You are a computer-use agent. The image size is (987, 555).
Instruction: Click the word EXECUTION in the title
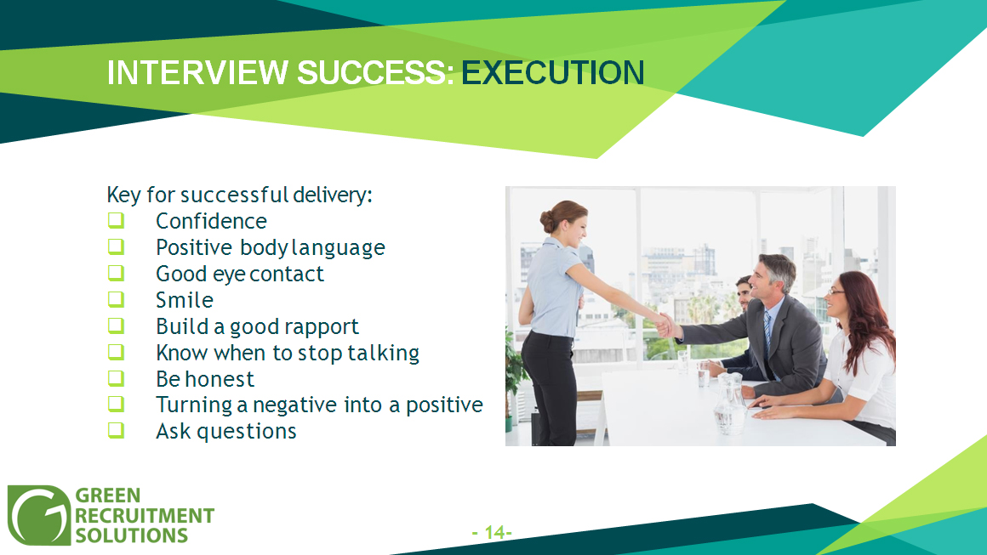(x=553, y=73)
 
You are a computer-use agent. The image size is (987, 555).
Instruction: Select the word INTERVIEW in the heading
(x=197, y=73)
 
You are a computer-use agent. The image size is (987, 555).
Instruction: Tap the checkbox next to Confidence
(x=116, y=221)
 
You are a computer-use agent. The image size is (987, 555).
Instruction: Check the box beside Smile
(x=116, y=299)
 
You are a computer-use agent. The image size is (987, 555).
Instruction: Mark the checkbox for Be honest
(x=116, y=378)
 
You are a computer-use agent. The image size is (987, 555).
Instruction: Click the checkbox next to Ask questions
(x=116, y=431)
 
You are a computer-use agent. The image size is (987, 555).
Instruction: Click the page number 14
(x=493, y=533)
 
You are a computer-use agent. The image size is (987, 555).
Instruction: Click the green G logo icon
(x=39, y=515)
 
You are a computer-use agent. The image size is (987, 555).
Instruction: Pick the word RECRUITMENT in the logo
(x=145, y=515)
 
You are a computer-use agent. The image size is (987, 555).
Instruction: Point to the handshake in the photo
(x=665, y=326)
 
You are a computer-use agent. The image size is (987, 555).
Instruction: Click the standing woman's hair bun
(x=546, y=221)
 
